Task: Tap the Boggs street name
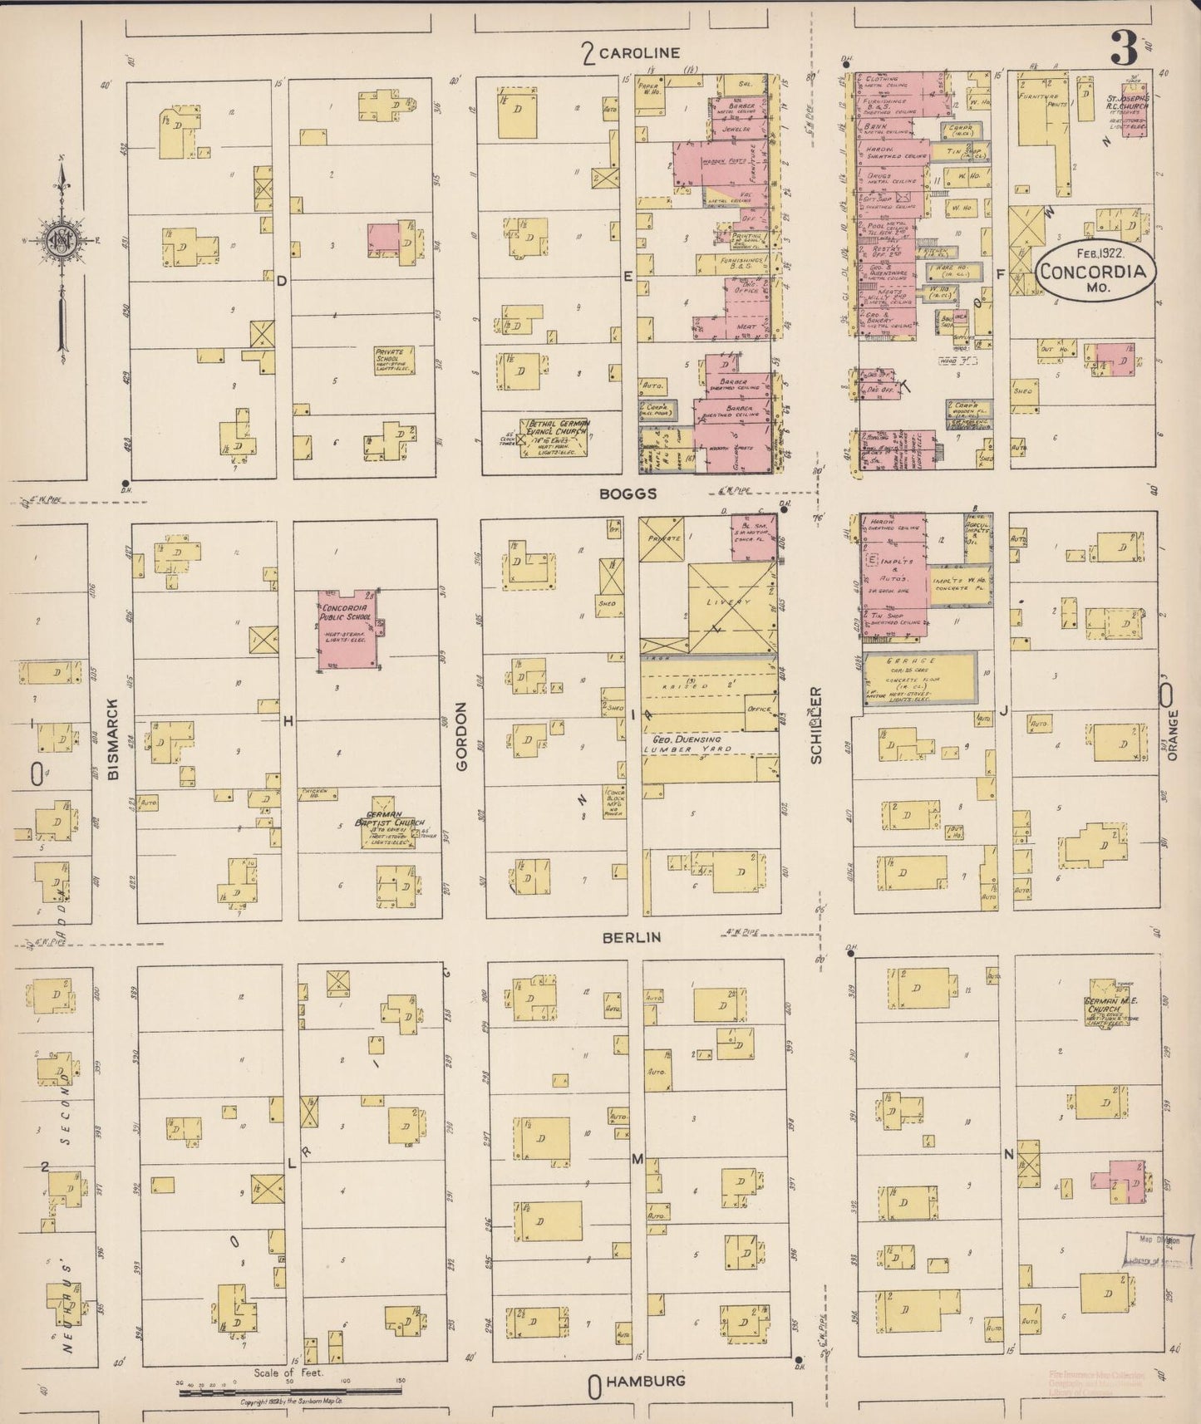tap(629, 493)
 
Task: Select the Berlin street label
tap(632, 937)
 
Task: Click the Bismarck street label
tap(114, 738)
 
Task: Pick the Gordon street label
tap(461, 735)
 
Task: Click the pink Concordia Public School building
tap(350, 630)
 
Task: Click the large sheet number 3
tap(1125, 50)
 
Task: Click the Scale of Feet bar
tap(291, 1389)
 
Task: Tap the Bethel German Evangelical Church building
tap(554, 436)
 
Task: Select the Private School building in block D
tap(393, 360)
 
